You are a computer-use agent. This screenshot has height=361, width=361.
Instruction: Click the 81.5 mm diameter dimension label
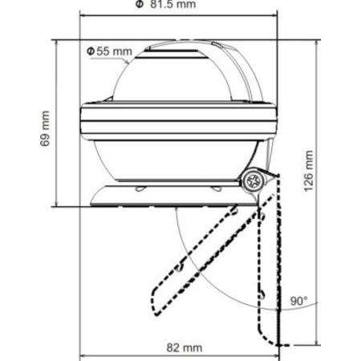tap(166, 4)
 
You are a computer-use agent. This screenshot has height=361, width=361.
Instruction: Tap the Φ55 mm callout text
tap(110, 51)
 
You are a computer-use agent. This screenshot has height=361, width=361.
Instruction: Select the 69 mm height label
tap(45, 128)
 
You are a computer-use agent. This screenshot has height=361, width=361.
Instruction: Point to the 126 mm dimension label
tap(309, 171)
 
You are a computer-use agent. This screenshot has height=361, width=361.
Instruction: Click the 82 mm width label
tap(185, 347)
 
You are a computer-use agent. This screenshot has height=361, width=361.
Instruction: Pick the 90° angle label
tap(299, 301)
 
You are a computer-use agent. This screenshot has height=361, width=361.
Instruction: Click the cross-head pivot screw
tap(254, 181)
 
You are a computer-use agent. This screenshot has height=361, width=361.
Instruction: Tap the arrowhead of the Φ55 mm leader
tap(127, 62)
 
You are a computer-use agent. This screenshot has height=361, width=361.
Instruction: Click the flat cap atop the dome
tap(171, 54)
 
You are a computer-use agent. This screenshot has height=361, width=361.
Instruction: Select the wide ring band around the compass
tap(179, 122)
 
